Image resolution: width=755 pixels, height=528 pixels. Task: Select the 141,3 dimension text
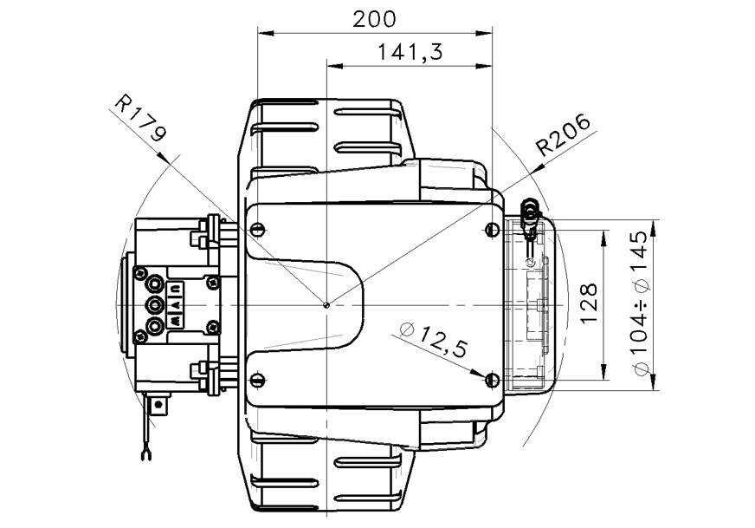point(410,52)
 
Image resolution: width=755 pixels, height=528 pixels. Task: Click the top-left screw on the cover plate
point(257,230)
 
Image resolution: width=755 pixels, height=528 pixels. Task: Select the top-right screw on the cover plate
point(492,230)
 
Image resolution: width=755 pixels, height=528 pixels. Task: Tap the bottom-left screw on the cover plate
point(257,380)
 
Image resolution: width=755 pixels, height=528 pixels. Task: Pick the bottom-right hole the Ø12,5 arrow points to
point(492,380)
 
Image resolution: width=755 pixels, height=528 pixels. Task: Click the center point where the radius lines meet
point(326,304)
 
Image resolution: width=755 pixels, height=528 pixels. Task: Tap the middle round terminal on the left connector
point(157,303)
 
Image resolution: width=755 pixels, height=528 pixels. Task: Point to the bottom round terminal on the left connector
point(157,326)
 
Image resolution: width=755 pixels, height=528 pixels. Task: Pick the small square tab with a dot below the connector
point(159,402)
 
